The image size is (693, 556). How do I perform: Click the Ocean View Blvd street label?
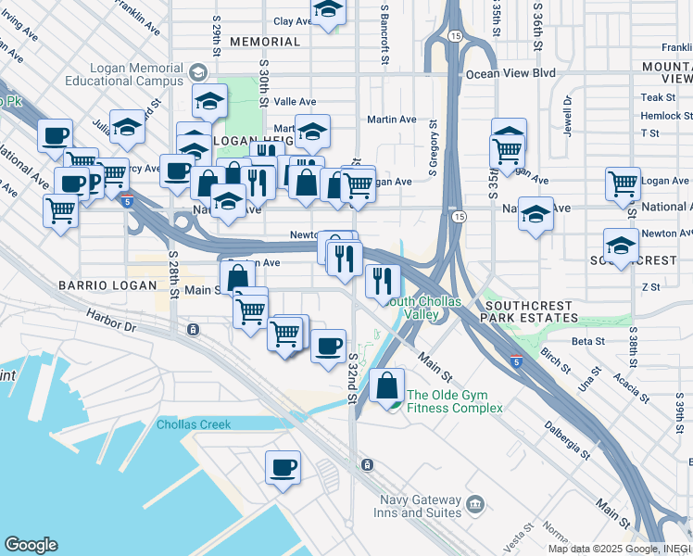510,73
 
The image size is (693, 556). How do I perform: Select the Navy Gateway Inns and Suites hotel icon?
475,504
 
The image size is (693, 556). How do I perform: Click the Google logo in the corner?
31,545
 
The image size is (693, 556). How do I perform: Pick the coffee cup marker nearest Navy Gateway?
283,468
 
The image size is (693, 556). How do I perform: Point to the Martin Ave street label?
391,120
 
